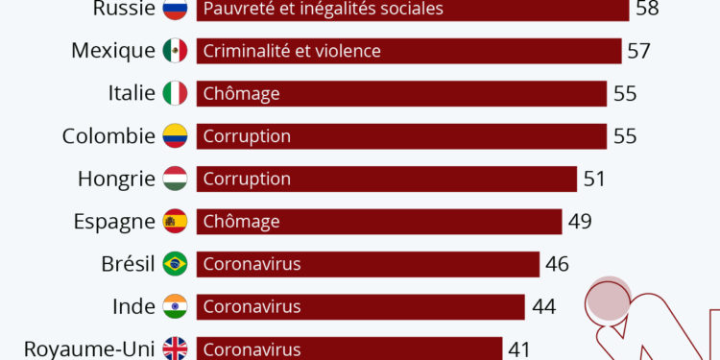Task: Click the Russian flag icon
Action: pyautogui.click(x=175, y=9)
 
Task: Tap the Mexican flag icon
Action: pyautogui.click(x=175, y=51)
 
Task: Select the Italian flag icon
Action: pyautogui.click(x=175, y=93)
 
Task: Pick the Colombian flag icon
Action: pyautogui.click(x=175, y=136)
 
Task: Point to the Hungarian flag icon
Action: pyautogui.click(x=175, y=179)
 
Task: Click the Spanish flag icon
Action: pyautogui.click(x=175, y=222)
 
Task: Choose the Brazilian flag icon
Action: pyautogui.click(x=175, y=264)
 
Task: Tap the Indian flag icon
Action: pyautogui.click(x=175, y=306)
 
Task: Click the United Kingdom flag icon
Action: pyautogui.click(x=175, y=348)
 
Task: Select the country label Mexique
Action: pyautogui.click(x=112, y=51)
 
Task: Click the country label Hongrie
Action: pyautogui.click(x=116, y=179)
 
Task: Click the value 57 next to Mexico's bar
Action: pyautogui.click(x=638, y=51)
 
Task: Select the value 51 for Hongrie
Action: pyautogui.click(x=594, y=179)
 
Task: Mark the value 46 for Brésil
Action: pyautogui.click(x=557, y=264)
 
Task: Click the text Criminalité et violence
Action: pyautogui.click(x=292, y=51)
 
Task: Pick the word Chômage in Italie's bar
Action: pyautogui.click(x=241, y=93)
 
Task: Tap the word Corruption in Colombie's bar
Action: pyautogui.click(x=247, y=136)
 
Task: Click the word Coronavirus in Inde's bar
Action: pyautogui.click(x=252, y=306)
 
